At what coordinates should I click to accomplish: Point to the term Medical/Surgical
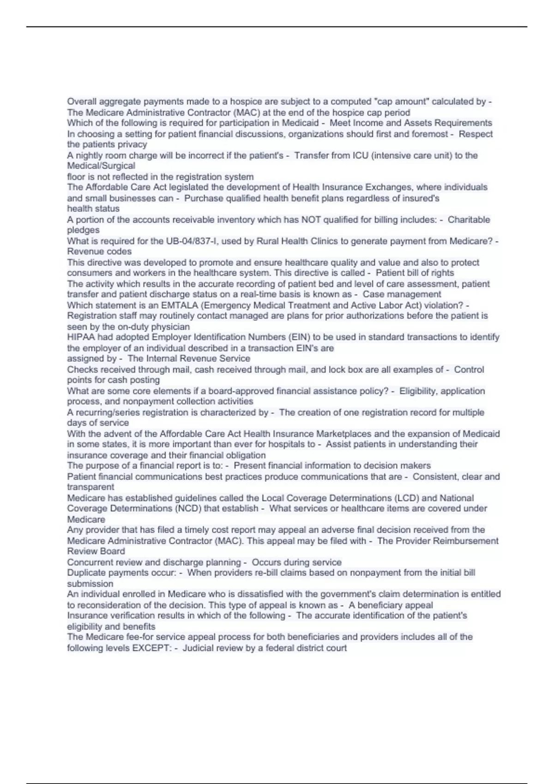coord(101,166)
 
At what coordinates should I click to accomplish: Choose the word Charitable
coord(469,220)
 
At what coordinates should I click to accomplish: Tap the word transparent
coord(90,487)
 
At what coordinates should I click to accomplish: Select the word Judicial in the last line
coord(198,648)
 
